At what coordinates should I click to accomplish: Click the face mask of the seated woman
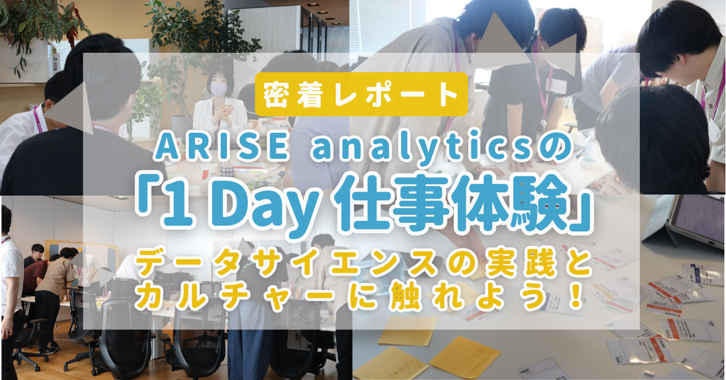point(218,90)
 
